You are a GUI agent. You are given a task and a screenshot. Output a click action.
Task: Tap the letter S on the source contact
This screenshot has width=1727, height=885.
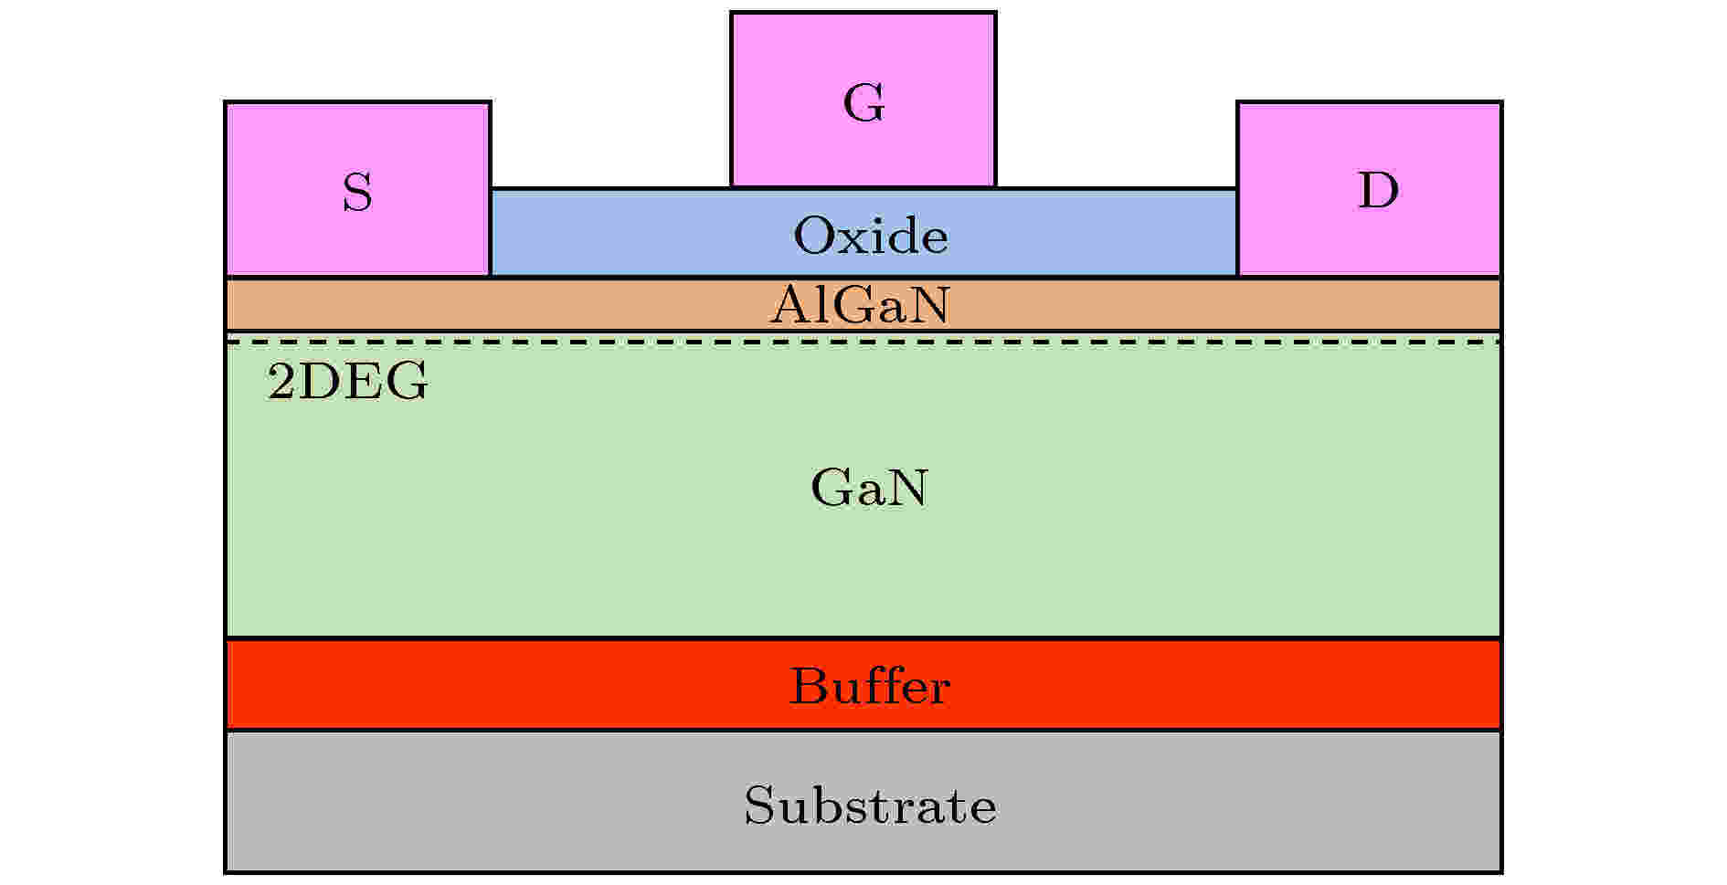(357, 193)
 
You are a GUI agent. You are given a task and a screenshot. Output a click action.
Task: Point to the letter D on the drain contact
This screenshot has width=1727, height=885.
(1378, 190)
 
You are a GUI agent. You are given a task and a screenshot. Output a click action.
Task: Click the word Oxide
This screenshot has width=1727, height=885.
(871, 236)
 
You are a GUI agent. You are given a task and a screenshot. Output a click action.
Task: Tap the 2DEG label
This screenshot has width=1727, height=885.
(347, 382)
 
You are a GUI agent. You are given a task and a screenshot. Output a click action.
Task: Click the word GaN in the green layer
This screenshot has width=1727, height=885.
(869, 488)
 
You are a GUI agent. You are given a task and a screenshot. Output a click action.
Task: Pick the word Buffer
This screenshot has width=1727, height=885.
(869, 686)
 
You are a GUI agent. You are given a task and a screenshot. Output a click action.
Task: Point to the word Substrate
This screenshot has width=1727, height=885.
(870, 806)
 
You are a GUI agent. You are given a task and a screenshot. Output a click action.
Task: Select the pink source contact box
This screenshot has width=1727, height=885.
(357, 188)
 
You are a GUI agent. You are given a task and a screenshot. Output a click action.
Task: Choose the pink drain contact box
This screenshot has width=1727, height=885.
(1369, 188)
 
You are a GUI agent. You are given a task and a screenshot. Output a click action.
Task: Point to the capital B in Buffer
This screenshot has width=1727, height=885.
(809, 686)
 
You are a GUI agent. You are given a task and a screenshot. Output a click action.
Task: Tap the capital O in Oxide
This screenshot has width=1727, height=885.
(814, 236)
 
